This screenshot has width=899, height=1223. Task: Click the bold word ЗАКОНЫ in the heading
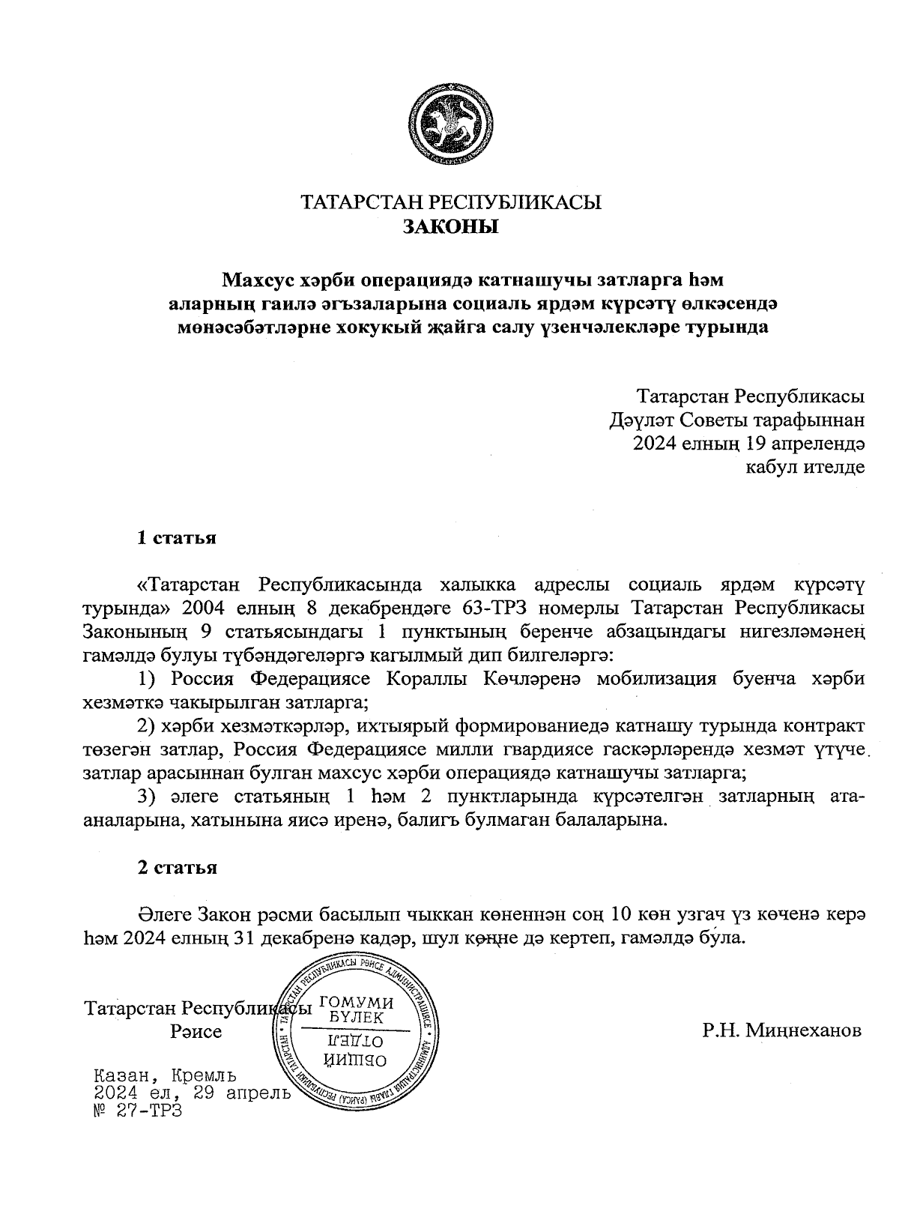450,226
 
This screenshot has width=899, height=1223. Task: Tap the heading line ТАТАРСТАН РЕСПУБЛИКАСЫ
450,202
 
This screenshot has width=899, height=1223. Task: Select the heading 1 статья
177,538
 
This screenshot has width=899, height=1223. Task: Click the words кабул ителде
805,468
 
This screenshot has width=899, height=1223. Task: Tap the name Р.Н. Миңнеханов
782,1030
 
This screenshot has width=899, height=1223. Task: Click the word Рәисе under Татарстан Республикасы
196,1032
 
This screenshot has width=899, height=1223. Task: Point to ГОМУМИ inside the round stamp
357,1003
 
